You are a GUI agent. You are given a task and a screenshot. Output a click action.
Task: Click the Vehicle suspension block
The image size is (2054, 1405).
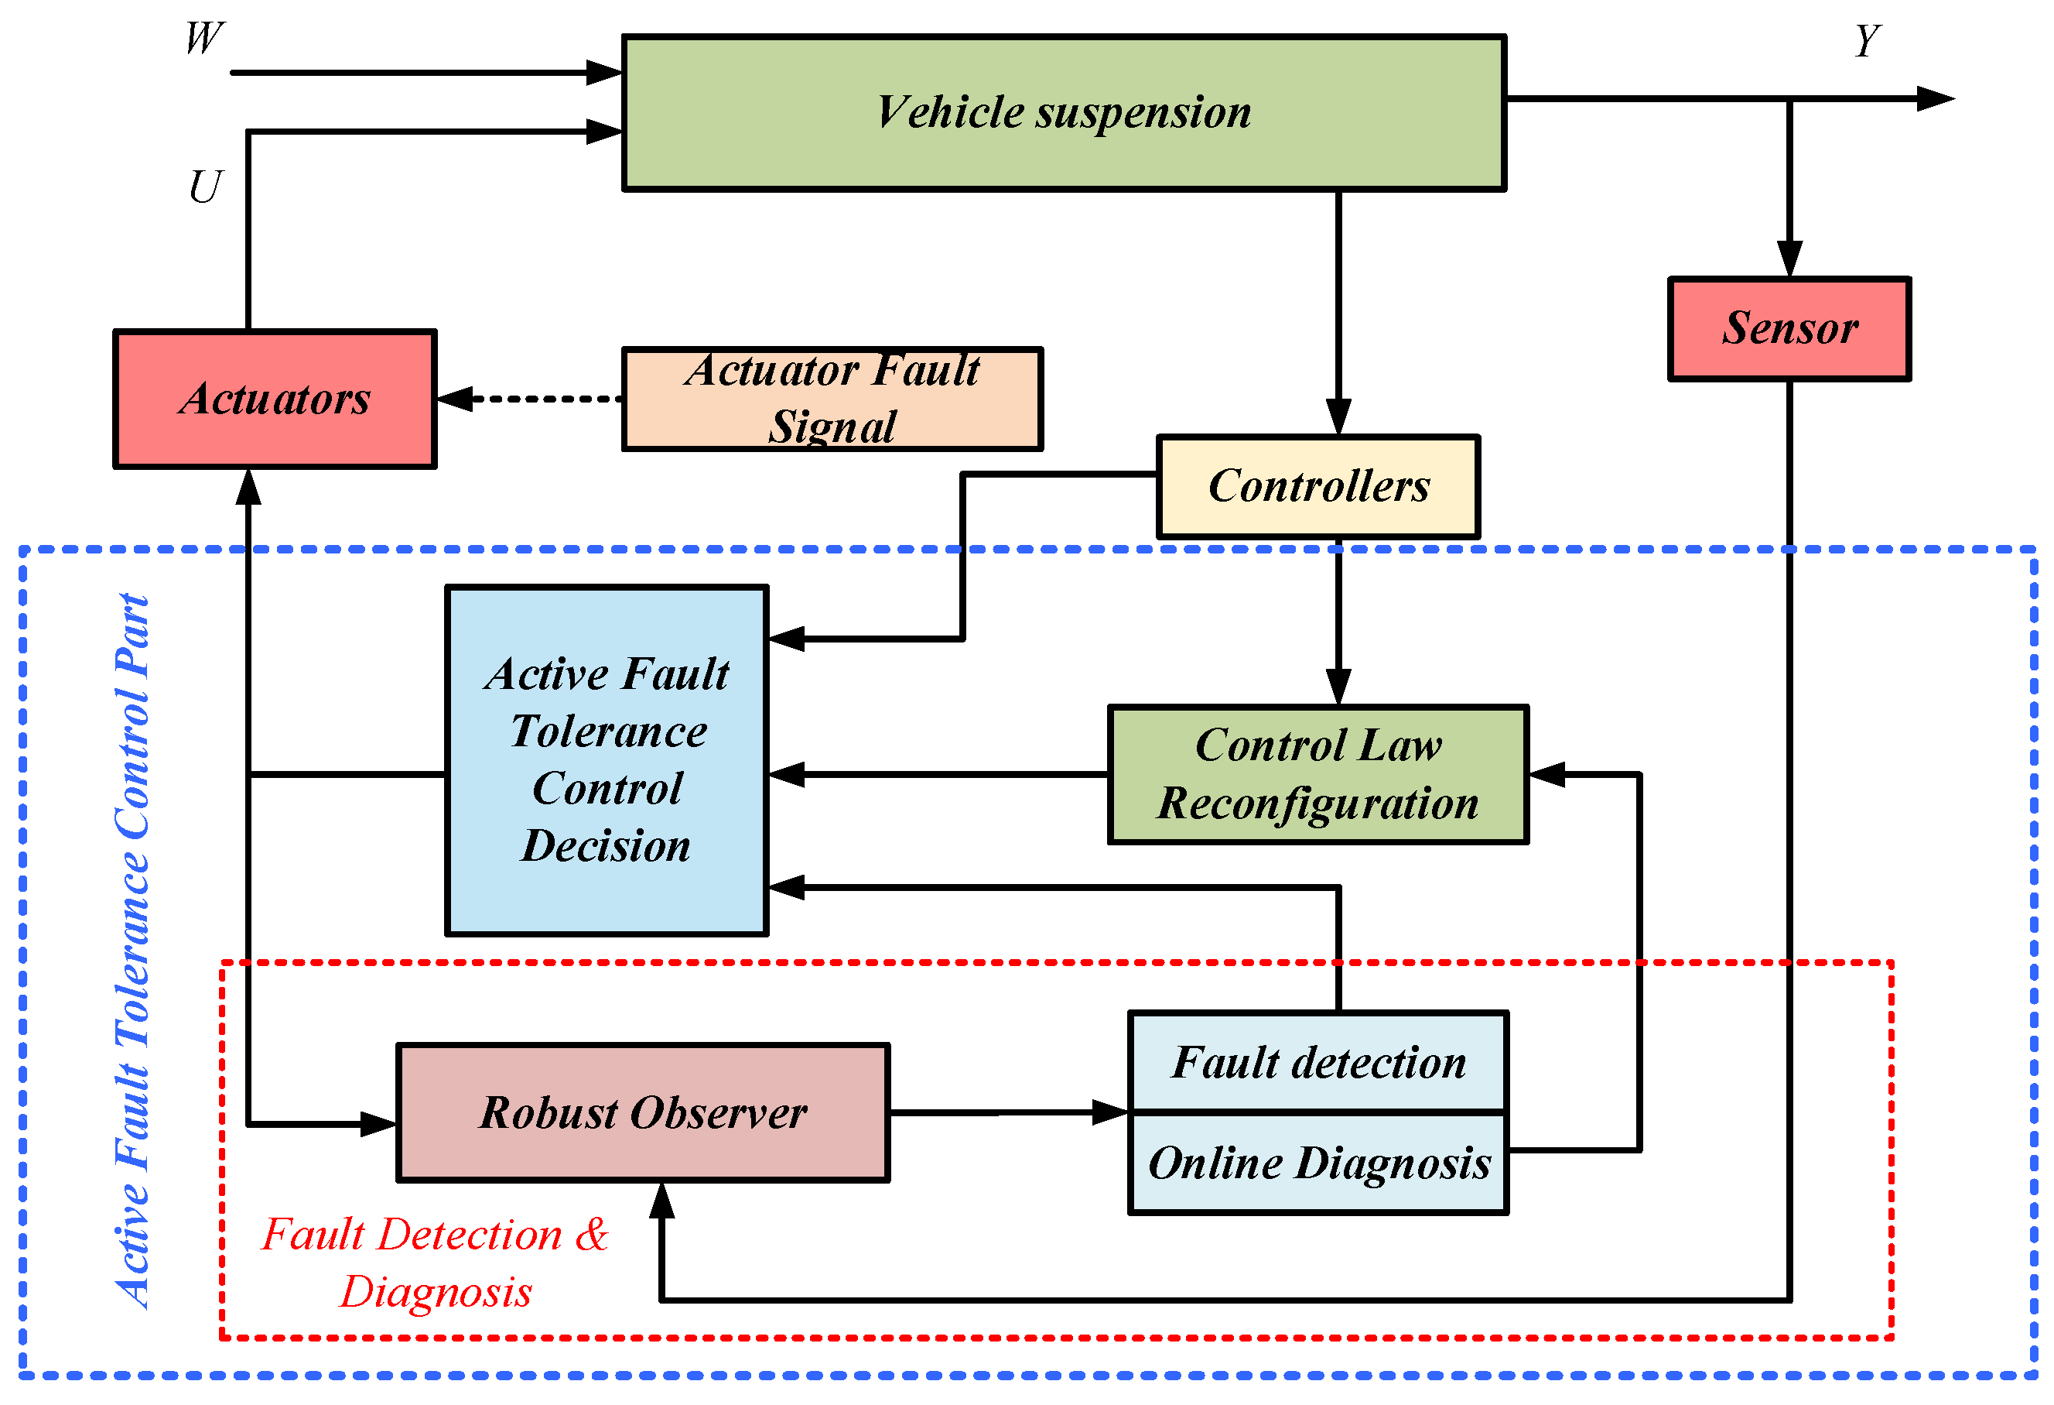1063,112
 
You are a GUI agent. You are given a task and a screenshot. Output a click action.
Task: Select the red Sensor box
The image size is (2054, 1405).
1789,329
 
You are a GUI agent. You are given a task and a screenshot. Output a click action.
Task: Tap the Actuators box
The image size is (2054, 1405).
275,399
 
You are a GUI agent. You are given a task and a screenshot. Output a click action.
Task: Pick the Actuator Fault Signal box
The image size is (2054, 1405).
832,399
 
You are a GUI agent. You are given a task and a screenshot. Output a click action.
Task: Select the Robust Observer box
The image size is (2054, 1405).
643,1112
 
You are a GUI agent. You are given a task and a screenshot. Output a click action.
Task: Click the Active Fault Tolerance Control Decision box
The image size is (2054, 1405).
607,760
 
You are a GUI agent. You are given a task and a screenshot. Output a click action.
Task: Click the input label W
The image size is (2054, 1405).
203,38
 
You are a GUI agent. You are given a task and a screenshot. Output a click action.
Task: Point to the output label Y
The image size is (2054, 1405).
1867,41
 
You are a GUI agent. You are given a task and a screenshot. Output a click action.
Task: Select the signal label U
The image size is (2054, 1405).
205,187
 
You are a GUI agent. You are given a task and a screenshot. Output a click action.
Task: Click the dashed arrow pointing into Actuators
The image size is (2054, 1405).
530,399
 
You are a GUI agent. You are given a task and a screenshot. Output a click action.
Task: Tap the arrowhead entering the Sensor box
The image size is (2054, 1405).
1789,259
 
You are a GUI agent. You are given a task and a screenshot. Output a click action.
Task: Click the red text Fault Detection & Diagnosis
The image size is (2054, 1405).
436,1263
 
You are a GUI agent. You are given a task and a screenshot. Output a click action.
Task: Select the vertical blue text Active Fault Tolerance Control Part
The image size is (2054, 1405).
132,951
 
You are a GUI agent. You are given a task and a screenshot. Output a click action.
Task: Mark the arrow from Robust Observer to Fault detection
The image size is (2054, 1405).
1007,1112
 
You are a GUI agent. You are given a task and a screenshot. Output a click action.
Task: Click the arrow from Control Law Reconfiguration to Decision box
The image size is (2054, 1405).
937,775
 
